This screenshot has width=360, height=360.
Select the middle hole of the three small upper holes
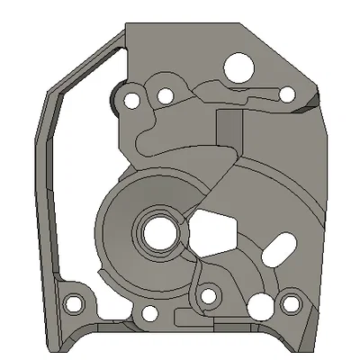point(166,96)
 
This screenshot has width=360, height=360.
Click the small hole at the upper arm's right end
point(286,94)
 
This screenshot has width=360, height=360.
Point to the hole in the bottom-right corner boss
point(292,304)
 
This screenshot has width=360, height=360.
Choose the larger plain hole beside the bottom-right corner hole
point(261,303)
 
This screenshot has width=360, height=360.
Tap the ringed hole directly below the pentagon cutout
point(211,295)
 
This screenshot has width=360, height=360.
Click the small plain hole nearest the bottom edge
point(148,315)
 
